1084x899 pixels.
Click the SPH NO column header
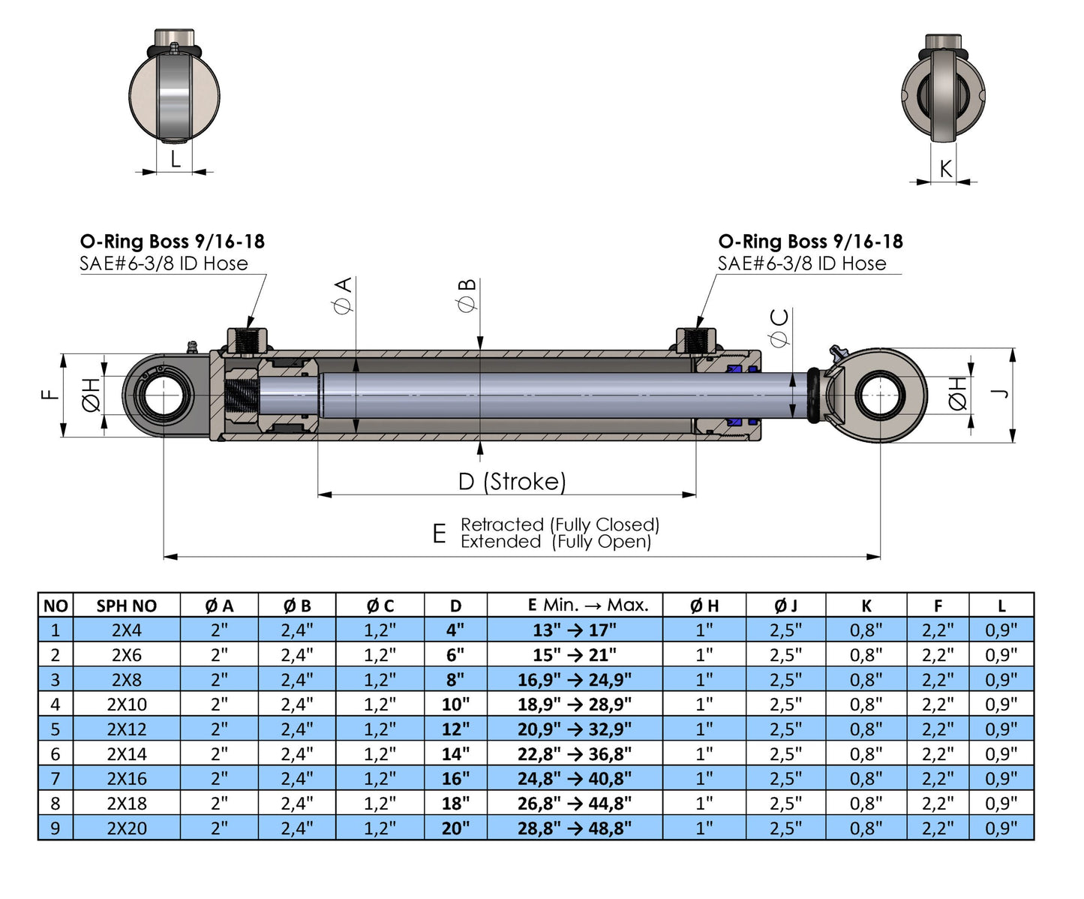point(126,606)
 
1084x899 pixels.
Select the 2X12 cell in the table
point(126,729)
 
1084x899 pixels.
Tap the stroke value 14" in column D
point(455,753)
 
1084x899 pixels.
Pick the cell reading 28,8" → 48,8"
point(574,828)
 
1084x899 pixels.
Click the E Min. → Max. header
point(588,605)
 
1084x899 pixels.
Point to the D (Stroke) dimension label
point(512,481)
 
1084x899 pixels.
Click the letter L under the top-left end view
point(176,159)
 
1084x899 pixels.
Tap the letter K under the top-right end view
point(945,169)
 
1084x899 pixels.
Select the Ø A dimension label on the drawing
point(343,295)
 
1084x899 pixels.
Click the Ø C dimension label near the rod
point(780,328)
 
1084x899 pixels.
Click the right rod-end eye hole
point(878,395)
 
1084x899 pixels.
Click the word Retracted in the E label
point(502,525)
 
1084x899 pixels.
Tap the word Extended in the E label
point(500,542)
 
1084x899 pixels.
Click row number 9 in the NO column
point(55,828)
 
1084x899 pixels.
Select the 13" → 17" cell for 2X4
point(574,630)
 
